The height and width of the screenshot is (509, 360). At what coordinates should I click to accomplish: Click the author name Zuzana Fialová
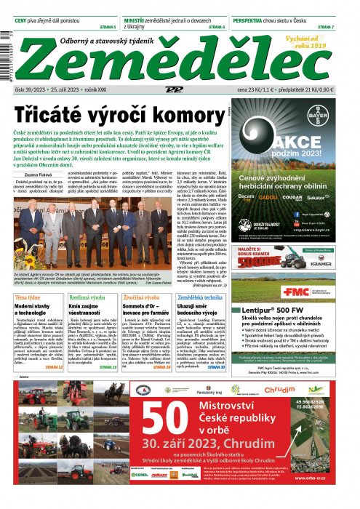pos(41,175)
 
